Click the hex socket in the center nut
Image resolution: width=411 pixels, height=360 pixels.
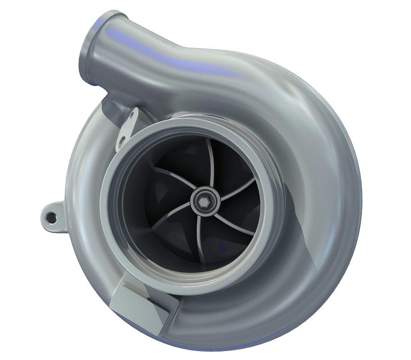[x=203, y=203]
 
